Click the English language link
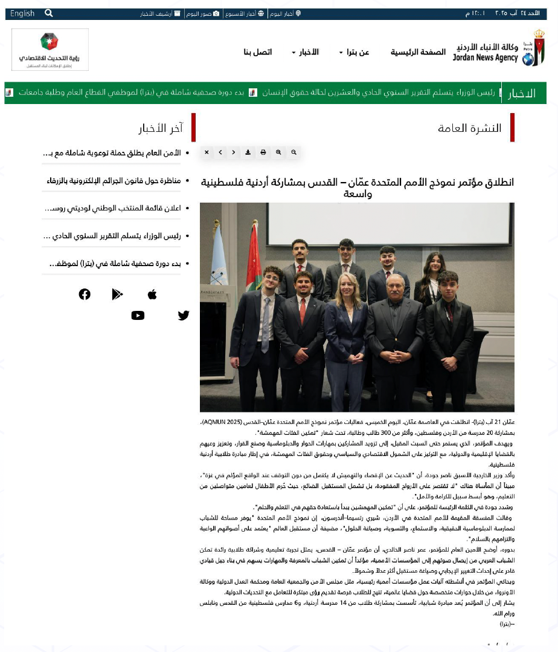(x=22, y=13)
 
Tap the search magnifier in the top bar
(x=49, y=13)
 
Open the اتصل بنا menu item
(x=258, y=52)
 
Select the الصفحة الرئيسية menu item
(x=417, y=52)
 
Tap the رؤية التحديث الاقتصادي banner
(x=50, y=50)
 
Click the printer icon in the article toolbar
(x=263, y=152)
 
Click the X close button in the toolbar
(x=207, y=152)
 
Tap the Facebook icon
(x=85, y=294)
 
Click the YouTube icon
(x=138, y=315)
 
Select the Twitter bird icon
(x=184, y=315)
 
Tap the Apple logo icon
(x=152, y=294)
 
